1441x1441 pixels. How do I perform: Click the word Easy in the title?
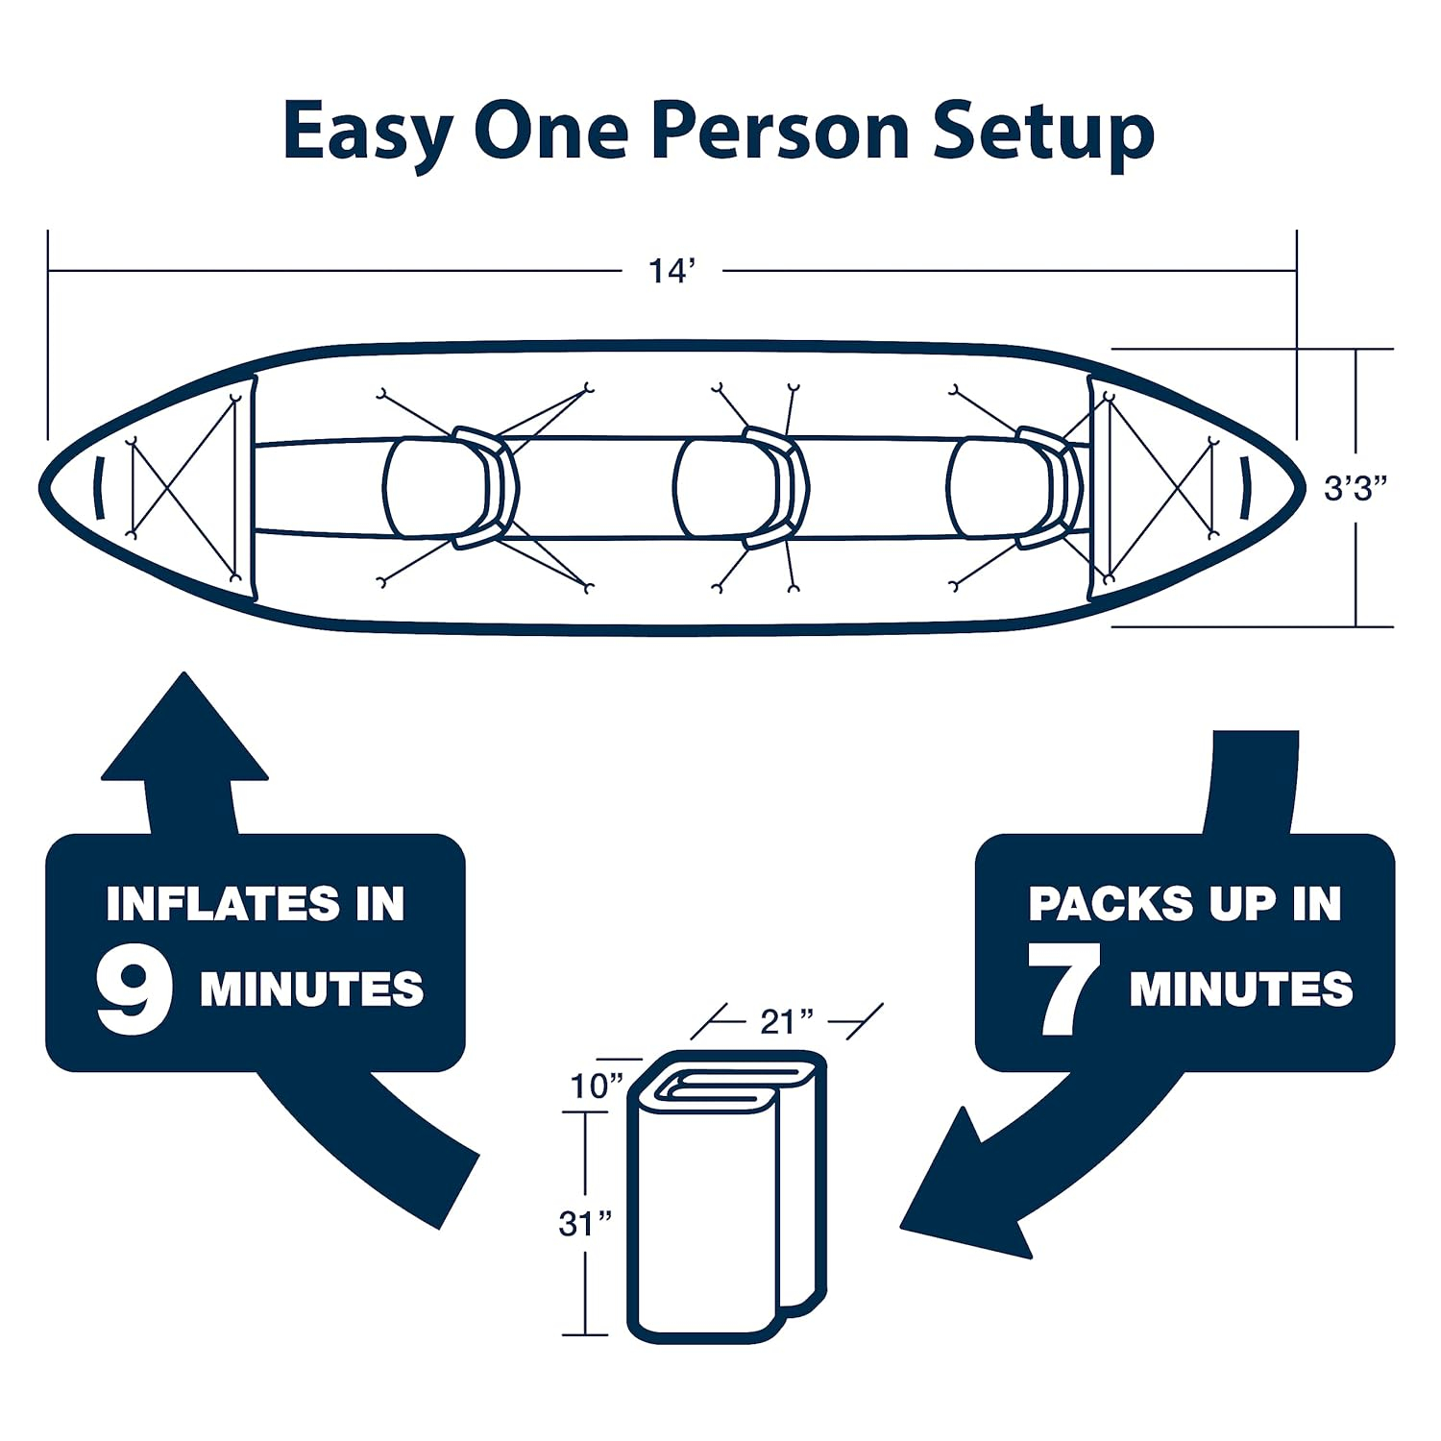click(366, 133)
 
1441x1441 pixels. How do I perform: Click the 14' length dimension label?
click(671, 272)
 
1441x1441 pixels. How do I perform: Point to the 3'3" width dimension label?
click(1356, 489)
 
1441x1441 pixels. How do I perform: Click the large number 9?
click(134, 991)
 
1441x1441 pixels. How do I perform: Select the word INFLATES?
click(222, 904)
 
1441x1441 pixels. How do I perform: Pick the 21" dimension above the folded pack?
click(786, 1022)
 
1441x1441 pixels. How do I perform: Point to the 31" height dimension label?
click(585, 1224)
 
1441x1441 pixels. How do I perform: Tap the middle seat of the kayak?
click(740, 488)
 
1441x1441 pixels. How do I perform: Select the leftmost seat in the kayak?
click(450, 488)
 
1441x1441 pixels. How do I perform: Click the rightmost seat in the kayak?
click(1014, 488)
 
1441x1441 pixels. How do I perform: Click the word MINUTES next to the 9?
click(311, 990)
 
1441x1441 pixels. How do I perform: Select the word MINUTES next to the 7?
click(1240, 990)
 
